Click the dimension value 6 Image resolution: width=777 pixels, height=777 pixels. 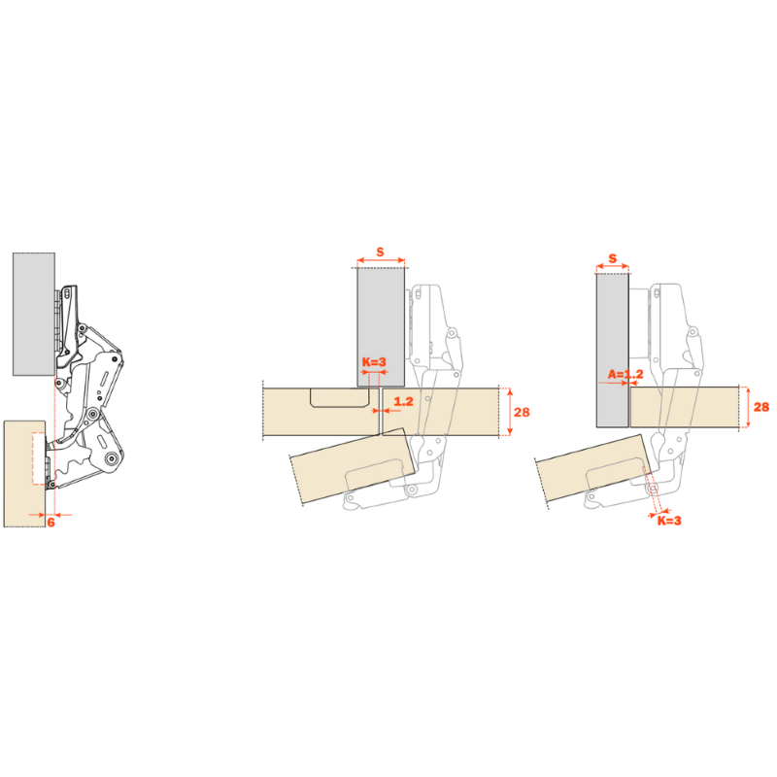coord(51,522)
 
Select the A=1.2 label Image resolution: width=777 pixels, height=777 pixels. coord(625,374)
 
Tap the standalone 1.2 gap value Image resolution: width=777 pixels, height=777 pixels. coord(403,401)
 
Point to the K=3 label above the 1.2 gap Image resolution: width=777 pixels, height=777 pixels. coord(374,362)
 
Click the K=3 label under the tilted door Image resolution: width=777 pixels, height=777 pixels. coord(669,521)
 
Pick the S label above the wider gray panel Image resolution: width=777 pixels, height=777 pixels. coord(380,252)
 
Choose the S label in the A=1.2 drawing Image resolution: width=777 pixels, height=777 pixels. coord(613,258)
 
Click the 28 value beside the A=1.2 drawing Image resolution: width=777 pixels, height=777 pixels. coord(761,407)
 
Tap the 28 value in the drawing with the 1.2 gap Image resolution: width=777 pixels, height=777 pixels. coord(522,412)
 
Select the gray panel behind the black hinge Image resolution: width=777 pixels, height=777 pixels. coord(34,314)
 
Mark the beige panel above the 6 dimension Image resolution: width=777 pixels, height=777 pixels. coord(25,473)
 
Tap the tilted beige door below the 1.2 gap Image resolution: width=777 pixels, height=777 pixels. coord(353,466)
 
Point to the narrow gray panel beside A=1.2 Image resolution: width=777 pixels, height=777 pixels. coord(613,350)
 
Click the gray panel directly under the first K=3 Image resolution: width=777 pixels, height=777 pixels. coord(381,327)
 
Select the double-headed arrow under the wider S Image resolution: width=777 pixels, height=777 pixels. coord(381,260)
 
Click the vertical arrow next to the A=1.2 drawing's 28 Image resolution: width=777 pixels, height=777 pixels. coord(748,407)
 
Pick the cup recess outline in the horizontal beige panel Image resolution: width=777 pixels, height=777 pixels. coord(339,398)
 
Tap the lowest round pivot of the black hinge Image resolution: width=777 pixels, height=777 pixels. coord(112,459)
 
